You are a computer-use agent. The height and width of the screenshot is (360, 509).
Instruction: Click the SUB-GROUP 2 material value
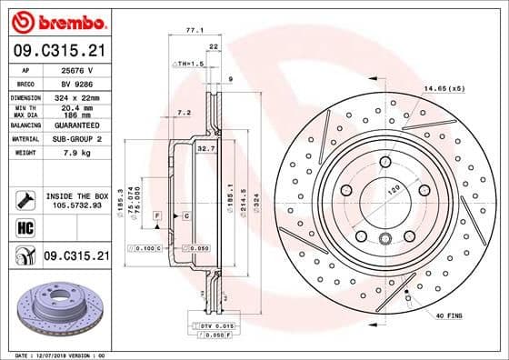tap(76, 138)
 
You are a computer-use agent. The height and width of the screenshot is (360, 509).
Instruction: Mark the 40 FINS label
tap(449, 315)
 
